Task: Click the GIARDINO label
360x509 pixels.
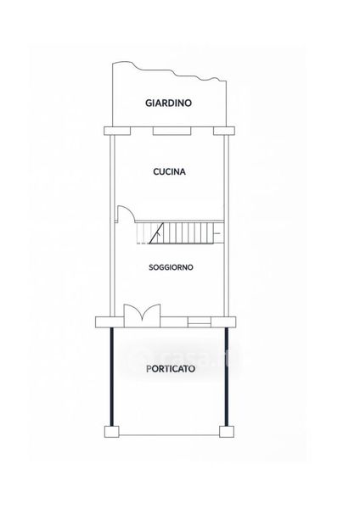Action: (x=168, y=103)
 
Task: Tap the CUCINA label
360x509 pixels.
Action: (x=169, y=171)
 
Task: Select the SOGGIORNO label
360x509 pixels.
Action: (x=171, y=267)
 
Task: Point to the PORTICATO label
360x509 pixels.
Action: (x=171, y=369)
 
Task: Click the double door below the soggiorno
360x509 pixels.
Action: (x=143, y=316)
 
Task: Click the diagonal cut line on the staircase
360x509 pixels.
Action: (x=156, y=232)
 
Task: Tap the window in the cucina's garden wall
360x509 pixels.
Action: (x=172, y=131)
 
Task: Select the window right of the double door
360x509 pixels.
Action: (x=200, y=322)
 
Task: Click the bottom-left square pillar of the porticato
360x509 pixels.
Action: (x=112, y=432)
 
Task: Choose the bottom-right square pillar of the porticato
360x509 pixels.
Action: (x=227, y=432)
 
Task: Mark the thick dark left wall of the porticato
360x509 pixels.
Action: (x=112, y=377)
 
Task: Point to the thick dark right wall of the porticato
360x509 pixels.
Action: (x=227, y=377)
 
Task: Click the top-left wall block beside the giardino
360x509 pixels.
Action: (x=117, y=131)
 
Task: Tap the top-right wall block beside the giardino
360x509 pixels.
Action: (x=224, y=131)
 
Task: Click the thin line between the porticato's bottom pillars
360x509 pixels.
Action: (x=169, y=435)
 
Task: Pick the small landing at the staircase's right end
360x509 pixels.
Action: (x=219, y=232)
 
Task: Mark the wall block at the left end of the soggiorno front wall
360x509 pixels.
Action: (x=110, y=322)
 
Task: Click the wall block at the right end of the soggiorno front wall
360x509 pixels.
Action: (x=223, y=322)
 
